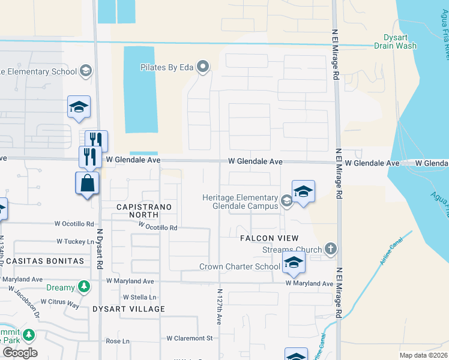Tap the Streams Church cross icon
(330, 249)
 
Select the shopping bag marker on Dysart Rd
(88, 184)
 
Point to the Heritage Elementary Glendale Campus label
(240, 202)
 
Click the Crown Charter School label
(240, 266)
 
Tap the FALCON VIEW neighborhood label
(270, 238)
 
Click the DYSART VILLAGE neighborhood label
(128, 309)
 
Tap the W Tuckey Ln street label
(76, 241)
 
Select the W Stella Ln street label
(139, 297)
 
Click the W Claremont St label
(190, 338)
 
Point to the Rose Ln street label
(118, 341)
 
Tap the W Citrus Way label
(60, 303)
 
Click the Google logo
(20, 353)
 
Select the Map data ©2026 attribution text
(423, 355)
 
